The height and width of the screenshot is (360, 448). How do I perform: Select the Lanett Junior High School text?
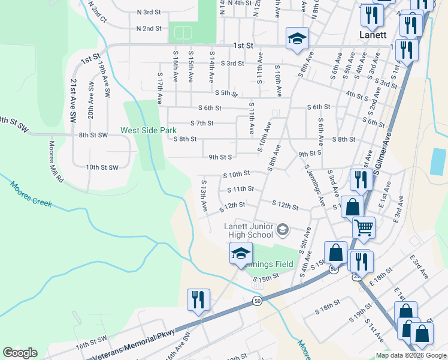coord(249,230)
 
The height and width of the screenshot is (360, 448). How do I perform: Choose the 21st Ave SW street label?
coord(73,101)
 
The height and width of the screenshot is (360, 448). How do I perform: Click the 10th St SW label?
coord(102,167)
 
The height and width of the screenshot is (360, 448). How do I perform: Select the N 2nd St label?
coord(149,28)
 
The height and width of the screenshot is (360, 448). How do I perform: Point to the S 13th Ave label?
coord(204,196)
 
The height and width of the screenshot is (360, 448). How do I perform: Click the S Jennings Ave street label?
coord(314,185)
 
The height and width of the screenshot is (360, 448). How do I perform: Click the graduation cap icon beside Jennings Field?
coord(241,253)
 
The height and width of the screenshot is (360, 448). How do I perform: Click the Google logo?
coord(20,353)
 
